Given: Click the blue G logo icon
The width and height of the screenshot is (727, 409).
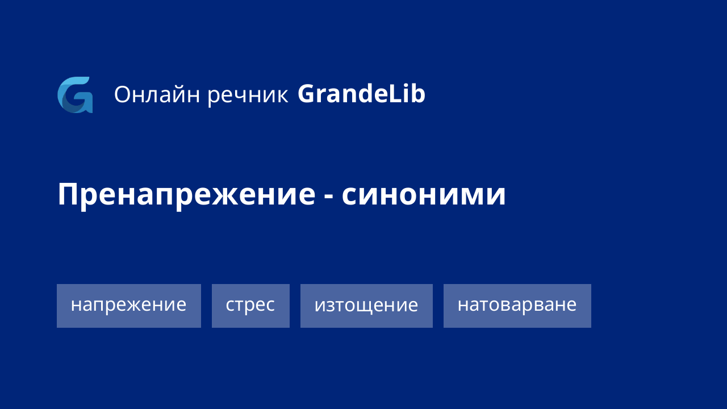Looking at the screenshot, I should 75,95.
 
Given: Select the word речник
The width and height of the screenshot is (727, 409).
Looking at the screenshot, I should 248,95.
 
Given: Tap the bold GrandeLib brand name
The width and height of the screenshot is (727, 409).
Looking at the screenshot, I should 361,94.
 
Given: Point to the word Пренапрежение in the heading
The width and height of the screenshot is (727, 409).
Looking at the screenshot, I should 186,195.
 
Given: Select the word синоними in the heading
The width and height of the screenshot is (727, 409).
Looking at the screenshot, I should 424,195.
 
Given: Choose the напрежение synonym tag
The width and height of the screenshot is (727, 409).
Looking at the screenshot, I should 129,306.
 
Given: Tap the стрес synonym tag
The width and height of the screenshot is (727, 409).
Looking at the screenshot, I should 250,306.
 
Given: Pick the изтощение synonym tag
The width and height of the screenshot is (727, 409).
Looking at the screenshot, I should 366,306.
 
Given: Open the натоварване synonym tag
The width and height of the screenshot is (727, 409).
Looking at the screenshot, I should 517,306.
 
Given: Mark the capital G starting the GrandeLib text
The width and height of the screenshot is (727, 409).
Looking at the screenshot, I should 307,94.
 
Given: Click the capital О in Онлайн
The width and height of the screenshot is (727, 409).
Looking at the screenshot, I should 123,95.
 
